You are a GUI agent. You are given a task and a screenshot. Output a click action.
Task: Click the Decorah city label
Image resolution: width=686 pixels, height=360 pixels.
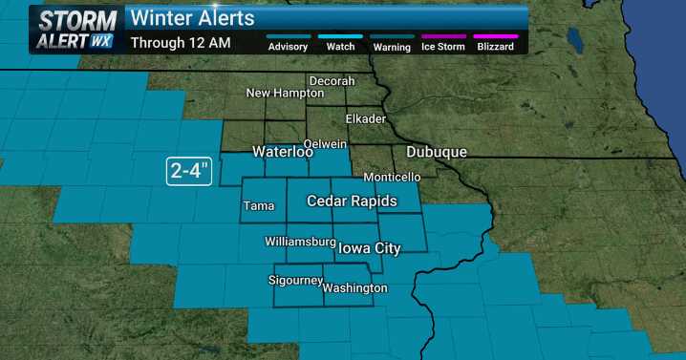(x=331, y=81)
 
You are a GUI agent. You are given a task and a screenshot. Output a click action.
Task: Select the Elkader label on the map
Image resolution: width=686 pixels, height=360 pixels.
(x=365, y=119)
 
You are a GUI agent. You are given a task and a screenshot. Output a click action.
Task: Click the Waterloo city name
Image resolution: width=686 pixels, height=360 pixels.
(x=283, y=152)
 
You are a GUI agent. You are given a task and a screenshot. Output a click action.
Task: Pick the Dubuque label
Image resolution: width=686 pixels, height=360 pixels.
(x=436, y=152)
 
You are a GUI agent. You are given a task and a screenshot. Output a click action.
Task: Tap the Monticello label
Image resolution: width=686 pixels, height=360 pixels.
(x=392, y=178)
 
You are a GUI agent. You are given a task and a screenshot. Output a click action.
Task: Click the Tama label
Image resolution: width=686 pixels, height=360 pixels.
(x=259, y=205)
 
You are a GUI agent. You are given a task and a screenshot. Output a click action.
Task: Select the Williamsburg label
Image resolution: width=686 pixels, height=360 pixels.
(x=300, y=242)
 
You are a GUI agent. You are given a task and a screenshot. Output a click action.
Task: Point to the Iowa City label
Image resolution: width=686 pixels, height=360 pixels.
(x=369, y=248)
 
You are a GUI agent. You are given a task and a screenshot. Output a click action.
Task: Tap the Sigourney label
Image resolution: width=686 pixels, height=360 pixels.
(x=294, y=282)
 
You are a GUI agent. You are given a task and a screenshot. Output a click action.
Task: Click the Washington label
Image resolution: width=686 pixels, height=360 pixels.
(x=354, y=288)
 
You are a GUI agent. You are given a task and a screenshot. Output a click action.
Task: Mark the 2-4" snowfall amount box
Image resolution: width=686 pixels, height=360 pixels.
(x=189, y=172)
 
